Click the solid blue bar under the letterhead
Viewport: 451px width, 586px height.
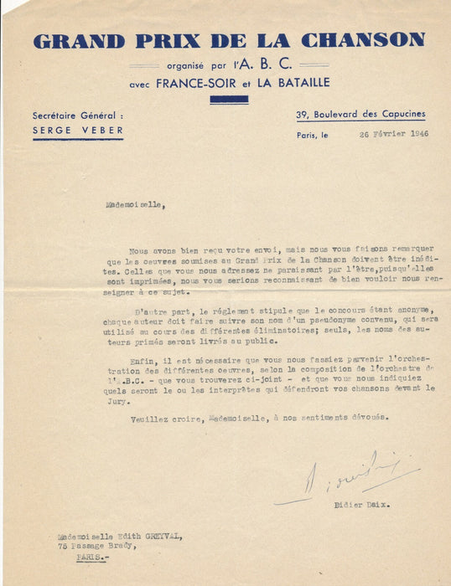point(228,100)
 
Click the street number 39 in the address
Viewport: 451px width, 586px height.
point(301,114)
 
